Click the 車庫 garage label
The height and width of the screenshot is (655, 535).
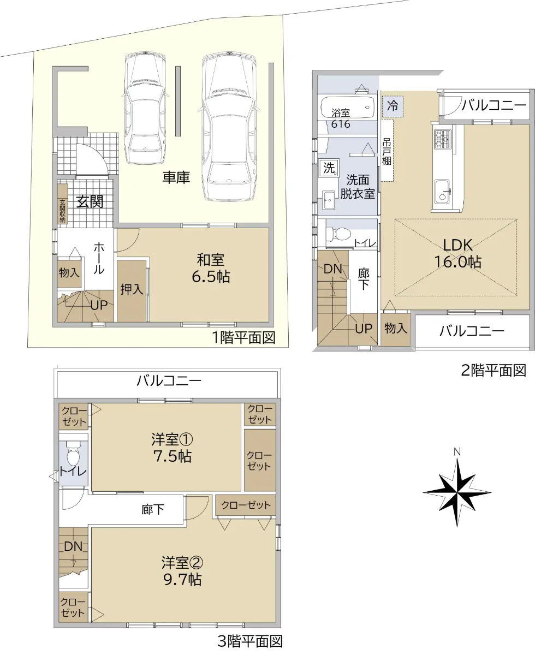176,177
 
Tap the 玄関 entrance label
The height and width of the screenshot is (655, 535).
90,202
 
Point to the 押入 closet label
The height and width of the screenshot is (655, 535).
132,289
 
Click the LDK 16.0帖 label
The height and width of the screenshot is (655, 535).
457,254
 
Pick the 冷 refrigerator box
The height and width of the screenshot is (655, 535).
393,106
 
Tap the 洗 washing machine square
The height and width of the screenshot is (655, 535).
329,168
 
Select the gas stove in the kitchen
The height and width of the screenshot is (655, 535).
442,139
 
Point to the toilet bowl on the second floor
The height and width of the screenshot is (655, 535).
338,233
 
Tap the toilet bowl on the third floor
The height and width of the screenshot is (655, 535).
73,455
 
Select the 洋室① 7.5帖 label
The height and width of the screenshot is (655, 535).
172,448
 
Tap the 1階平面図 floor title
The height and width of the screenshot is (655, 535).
243,337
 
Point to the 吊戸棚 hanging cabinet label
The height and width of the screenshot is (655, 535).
387,151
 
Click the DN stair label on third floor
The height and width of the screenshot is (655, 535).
73,546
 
